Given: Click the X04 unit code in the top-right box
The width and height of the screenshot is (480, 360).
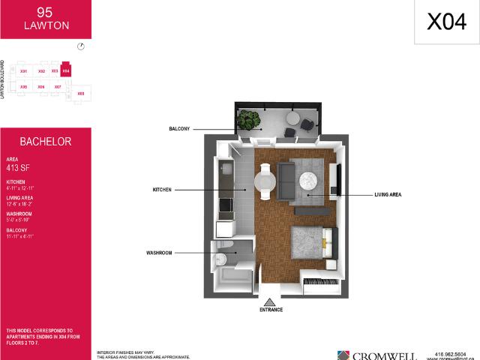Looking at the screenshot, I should click(x=446, y=22).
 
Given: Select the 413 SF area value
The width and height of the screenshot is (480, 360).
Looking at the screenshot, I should click(x=19, y=169).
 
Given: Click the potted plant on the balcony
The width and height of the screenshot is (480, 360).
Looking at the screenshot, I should click(x=248, y=119).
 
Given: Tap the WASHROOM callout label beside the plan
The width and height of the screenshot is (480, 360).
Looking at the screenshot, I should click(x=160, y=253).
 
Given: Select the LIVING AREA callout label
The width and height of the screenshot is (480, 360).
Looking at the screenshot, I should click(x=388, y=195).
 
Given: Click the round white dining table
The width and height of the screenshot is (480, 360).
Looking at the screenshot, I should click(x=265, y=181).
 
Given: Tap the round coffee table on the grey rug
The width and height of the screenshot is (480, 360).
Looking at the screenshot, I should click(x=310, y=180).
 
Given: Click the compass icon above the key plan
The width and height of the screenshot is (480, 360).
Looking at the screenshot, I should click(x=81, y=46).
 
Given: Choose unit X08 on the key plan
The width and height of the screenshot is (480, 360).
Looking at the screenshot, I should click(x=81, y=94).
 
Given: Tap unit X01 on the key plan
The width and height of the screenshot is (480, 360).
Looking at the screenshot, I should click(x=24, y=70).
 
